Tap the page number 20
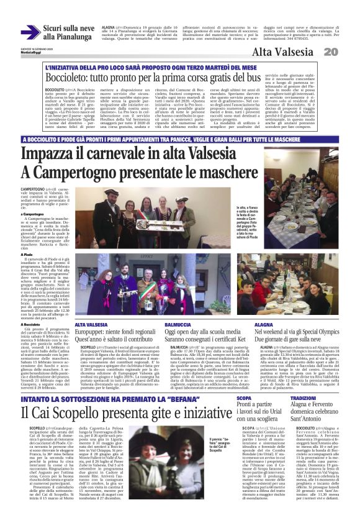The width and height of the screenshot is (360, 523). coord(348,52)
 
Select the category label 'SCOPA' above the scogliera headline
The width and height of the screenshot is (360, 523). coord(244,398)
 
